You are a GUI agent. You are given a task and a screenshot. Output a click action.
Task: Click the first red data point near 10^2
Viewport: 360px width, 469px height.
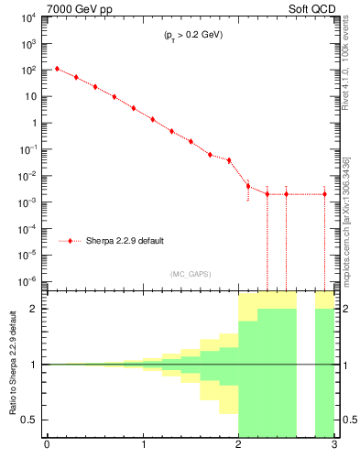coord(57,69)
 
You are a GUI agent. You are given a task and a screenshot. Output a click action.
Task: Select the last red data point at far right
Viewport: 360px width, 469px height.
coord(324,194)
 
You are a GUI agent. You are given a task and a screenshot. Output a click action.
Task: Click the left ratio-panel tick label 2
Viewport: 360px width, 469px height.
coord(36,309)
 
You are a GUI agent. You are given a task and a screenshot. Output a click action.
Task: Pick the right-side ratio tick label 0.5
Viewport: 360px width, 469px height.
coord(348,420)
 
